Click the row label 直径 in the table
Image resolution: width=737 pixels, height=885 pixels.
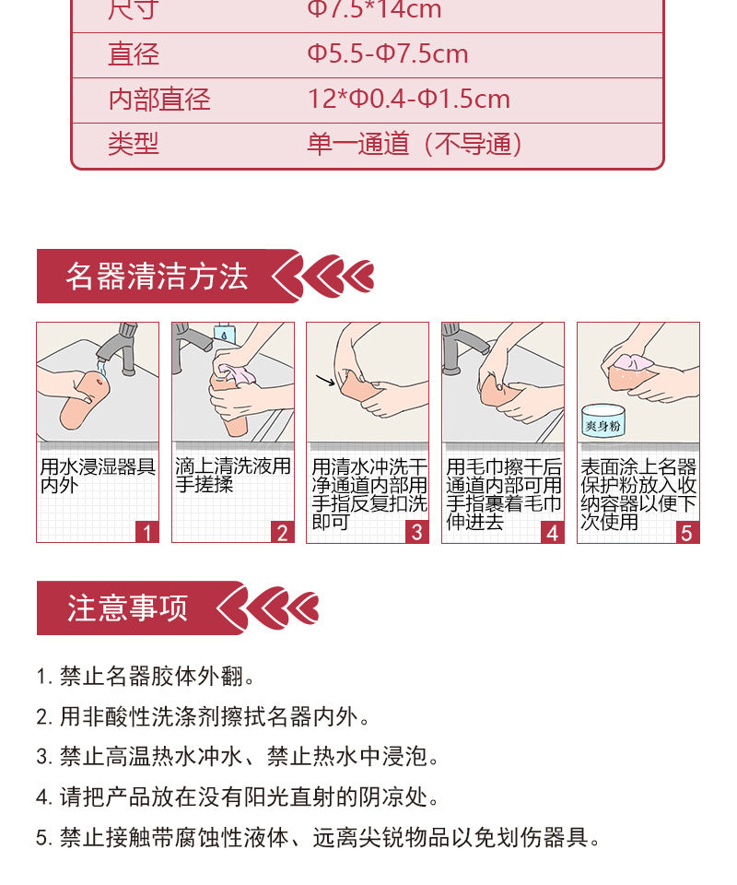coord(134,54)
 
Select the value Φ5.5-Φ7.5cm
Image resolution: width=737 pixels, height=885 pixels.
coord(387,54)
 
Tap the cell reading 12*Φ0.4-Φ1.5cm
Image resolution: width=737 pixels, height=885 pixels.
coord(408,100)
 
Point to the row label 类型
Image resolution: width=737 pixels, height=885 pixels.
coord(134,145)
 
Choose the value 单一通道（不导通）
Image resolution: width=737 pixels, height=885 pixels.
coord(415,145)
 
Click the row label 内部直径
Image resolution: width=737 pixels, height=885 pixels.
coord(159,100)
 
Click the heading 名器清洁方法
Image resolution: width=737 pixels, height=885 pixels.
coord(158,277)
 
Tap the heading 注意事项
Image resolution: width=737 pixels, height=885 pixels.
coord(127,608)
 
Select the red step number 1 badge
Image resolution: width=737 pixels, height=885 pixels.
coord(147,532)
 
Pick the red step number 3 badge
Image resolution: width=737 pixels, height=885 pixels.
coord(417,532)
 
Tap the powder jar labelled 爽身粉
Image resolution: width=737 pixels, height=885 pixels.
coord(604,424)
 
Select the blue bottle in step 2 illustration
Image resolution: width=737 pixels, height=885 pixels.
coord(223,335)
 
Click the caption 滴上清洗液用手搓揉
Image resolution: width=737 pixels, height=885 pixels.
coord(232,476)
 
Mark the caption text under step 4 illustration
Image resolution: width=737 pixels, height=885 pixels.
coord(503,494)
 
